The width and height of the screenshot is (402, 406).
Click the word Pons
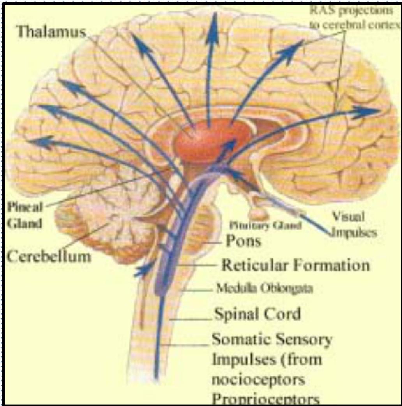click(x=243, y=241)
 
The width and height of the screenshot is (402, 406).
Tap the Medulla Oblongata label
click(x=264, y=289)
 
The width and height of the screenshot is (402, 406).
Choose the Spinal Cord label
click(x=257, y=313)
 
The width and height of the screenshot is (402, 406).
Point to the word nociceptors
click(x=258, y=379)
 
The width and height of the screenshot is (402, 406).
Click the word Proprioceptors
click(x=266, y=399)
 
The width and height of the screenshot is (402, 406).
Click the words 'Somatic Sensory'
click(x=272, y=339)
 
